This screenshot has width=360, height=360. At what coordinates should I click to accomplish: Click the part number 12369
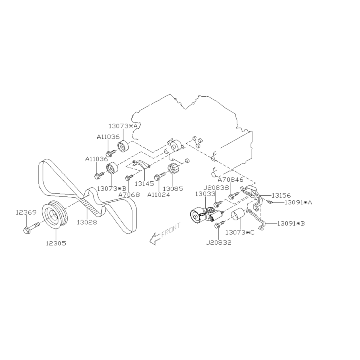(26, 212)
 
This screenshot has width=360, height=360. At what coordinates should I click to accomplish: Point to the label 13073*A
(123, 126)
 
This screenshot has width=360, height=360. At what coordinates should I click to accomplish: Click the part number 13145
(144, 183)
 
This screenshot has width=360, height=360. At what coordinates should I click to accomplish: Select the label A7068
(129, 195)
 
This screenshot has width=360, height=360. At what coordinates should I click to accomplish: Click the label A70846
(230, 180)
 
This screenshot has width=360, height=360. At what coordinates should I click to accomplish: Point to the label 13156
(281, 196)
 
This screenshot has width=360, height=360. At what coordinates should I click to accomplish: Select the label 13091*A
(298, 202)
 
